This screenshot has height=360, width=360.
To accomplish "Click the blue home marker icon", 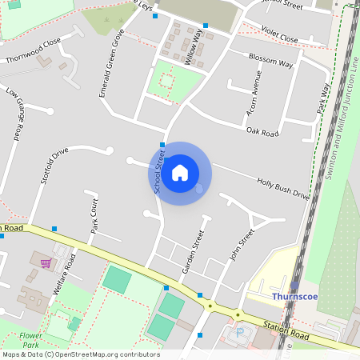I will click(x=180, y=173).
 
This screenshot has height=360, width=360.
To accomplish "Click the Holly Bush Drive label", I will click(x=282, y=188).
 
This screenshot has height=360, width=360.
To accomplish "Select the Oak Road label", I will click(x=262, y=131).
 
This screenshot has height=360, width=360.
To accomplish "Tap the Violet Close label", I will click(x=278, y=38).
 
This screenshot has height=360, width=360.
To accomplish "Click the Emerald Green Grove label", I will click(x=111, y=63).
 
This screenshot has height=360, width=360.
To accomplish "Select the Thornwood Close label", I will click(x=33, y=50).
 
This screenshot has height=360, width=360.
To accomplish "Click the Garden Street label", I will click(x=194, y=252).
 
